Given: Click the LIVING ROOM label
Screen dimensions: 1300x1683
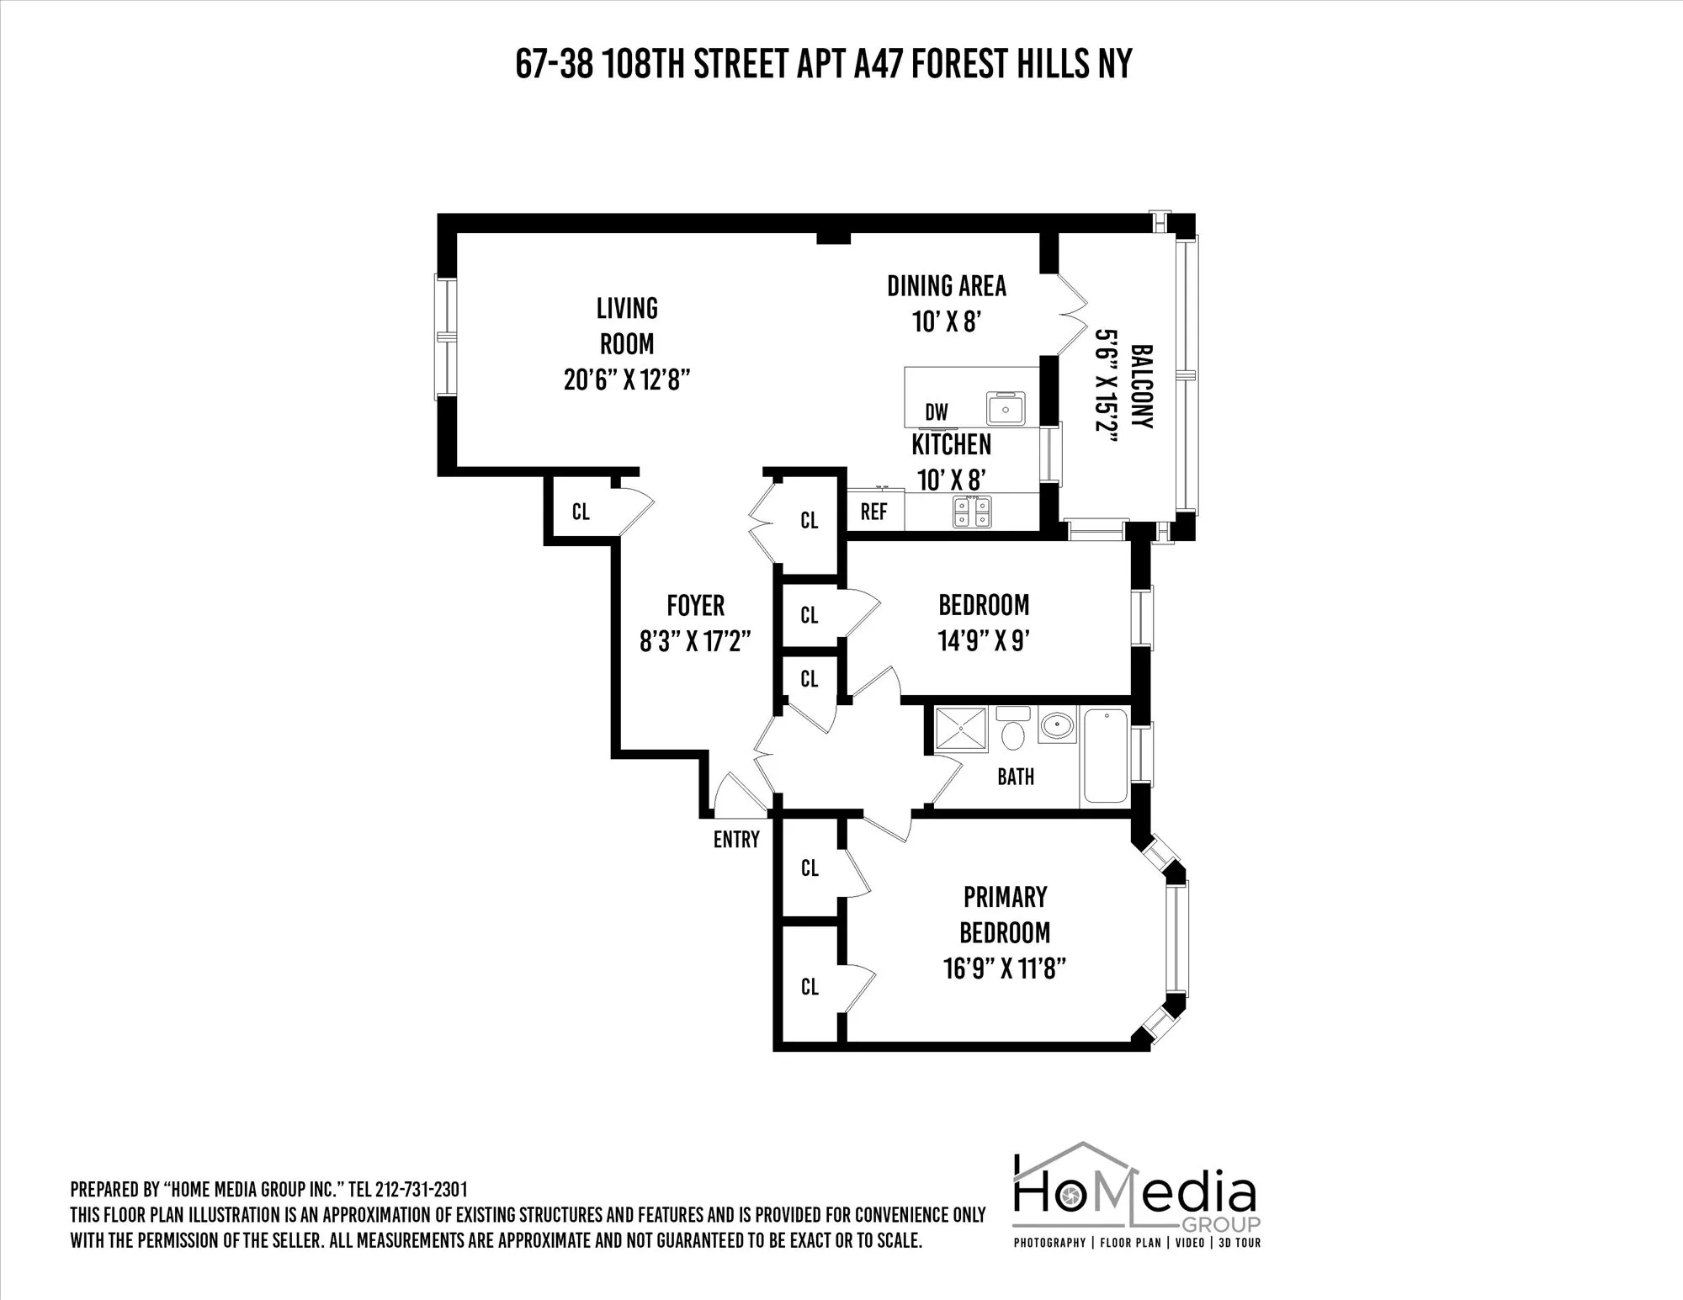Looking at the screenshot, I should [627, 326].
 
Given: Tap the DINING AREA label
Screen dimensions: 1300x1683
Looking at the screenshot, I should [947, 287].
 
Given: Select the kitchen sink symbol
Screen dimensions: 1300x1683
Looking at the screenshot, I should [1006, 409].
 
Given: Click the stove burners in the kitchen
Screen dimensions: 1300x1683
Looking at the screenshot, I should [972, 512].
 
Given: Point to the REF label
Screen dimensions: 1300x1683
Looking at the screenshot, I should [873, 512].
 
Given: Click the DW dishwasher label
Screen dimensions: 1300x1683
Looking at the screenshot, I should [937, 412].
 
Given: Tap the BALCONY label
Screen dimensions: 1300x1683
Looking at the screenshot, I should [1141, 386].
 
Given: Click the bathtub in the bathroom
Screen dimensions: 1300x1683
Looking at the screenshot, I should [1105, 756].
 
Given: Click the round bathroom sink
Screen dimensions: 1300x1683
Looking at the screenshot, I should [1056, 724].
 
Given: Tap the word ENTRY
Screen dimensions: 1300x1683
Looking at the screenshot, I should [736, 840].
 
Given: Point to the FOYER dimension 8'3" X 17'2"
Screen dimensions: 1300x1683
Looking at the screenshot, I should [695, 643].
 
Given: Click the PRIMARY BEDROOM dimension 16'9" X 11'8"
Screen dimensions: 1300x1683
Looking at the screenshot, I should [1005, 969].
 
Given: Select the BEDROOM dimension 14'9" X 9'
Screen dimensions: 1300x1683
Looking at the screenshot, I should [984, 642].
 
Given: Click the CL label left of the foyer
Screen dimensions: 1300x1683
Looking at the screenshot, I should [581, 512].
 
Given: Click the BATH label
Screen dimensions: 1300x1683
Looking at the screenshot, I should [1016, 777].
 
